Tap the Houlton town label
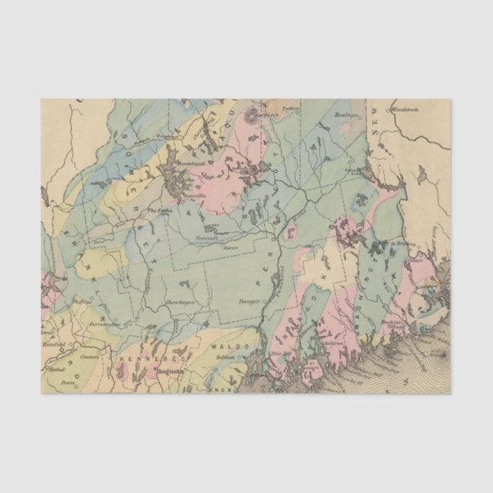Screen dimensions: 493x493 tap(347, 115)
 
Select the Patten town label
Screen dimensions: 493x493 tap(289, 109)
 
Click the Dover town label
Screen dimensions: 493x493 tap(230, 247)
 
